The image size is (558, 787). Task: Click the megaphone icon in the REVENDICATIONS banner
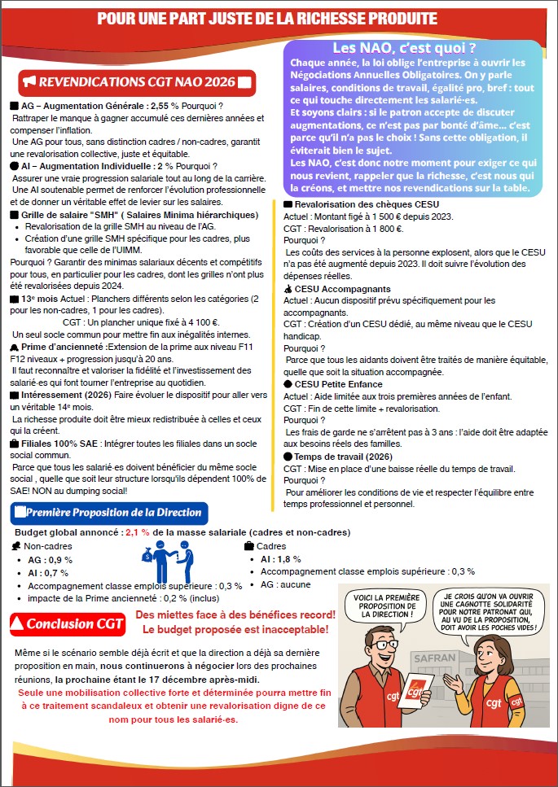click(x=31, y=82)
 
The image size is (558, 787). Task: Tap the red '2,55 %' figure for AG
click(x=163, y=106)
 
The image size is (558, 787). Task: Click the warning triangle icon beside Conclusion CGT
click(x=16, y=624)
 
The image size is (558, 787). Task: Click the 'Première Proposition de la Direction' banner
click(x=113, y=513)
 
